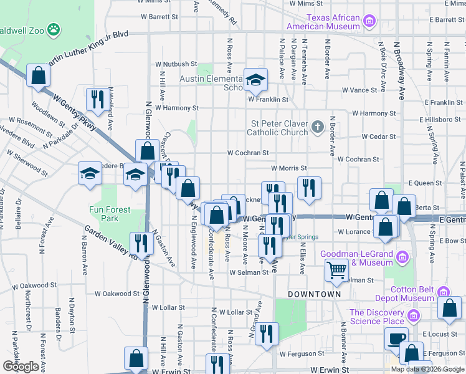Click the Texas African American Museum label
(324, 22)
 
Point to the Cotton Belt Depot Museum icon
(444, 292)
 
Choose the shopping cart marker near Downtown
(336, 270)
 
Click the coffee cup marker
(396, 338)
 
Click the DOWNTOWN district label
(314, 294)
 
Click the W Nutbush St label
(176, 64)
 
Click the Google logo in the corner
(21, 367)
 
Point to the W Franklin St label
(269, 99)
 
